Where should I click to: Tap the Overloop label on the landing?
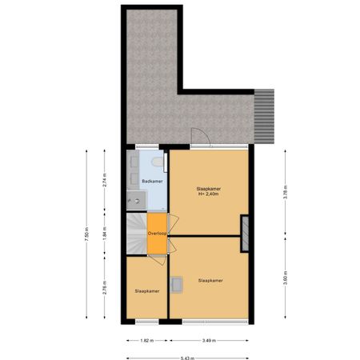click(x=157, y=234)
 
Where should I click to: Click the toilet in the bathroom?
click(x=158, y=166)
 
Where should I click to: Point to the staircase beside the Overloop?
click(x=136, y=233)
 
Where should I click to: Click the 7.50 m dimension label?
click(x=85, y=238)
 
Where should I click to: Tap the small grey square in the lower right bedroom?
click(x=178, y=281)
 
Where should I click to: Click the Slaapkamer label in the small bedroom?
click(x=146, y=291)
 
